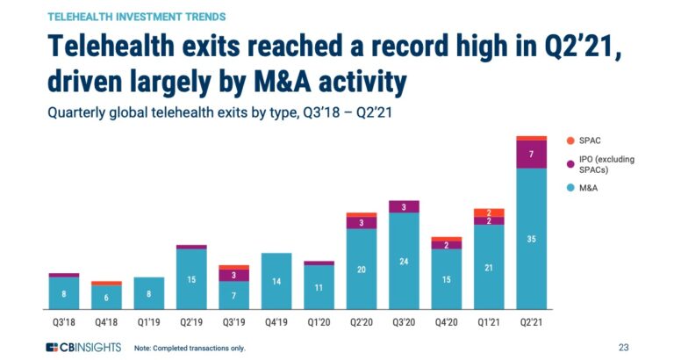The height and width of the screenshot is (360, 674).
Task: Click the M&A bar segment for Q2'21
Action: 532,239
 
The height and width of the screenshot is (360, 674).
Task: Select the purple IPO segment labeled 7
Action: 532,155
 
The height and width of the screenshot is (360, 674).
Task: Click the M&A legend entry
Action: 571,187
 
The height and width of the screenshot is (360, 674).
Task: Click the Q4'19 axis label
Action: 276,322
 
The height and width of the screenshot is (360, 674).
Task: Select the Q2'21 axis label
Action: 532,322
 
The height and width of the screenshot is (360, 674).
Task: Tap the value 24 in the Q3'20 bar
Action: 404,261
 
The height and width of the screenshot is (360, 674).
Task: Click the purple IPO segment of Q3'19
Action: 233,276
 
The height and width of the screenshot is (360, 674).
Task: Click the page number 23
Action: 623,347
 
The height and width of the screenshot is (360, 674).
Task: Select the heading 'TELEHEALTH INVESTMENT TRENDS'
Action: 135,17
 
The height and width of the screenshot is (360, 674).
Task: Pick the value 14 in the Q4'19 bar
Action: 276,281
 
